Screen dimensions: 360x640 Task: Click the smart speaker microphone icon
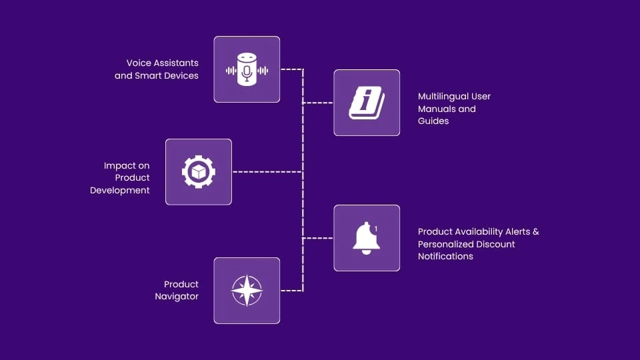pos(247,70)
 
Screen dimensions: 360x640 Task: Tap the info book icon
pos(367,103)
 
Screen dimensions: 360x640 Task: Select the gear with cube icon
pos(199,172)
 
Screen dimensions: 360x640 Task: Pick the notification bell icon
pos(366,238)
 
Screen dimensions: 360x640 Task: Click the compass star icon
pos(247,291)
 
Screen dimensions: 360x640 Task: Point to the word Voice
pos(139,63)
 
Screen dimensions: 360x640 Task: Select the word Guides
pos(433,121)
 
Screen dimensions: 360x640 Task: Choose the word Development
pos(120,191)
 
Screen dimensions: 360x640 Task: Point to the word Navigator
pos(177,297)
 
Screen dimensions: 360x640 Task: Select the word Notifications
pos(445,257)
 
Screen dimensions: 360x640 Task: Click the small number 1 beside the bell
pos(376,229)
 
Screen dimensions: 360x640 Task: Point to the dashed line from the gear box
pos(267,172)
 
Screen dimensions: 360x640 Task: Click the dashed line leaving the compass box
pos(291,291)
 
